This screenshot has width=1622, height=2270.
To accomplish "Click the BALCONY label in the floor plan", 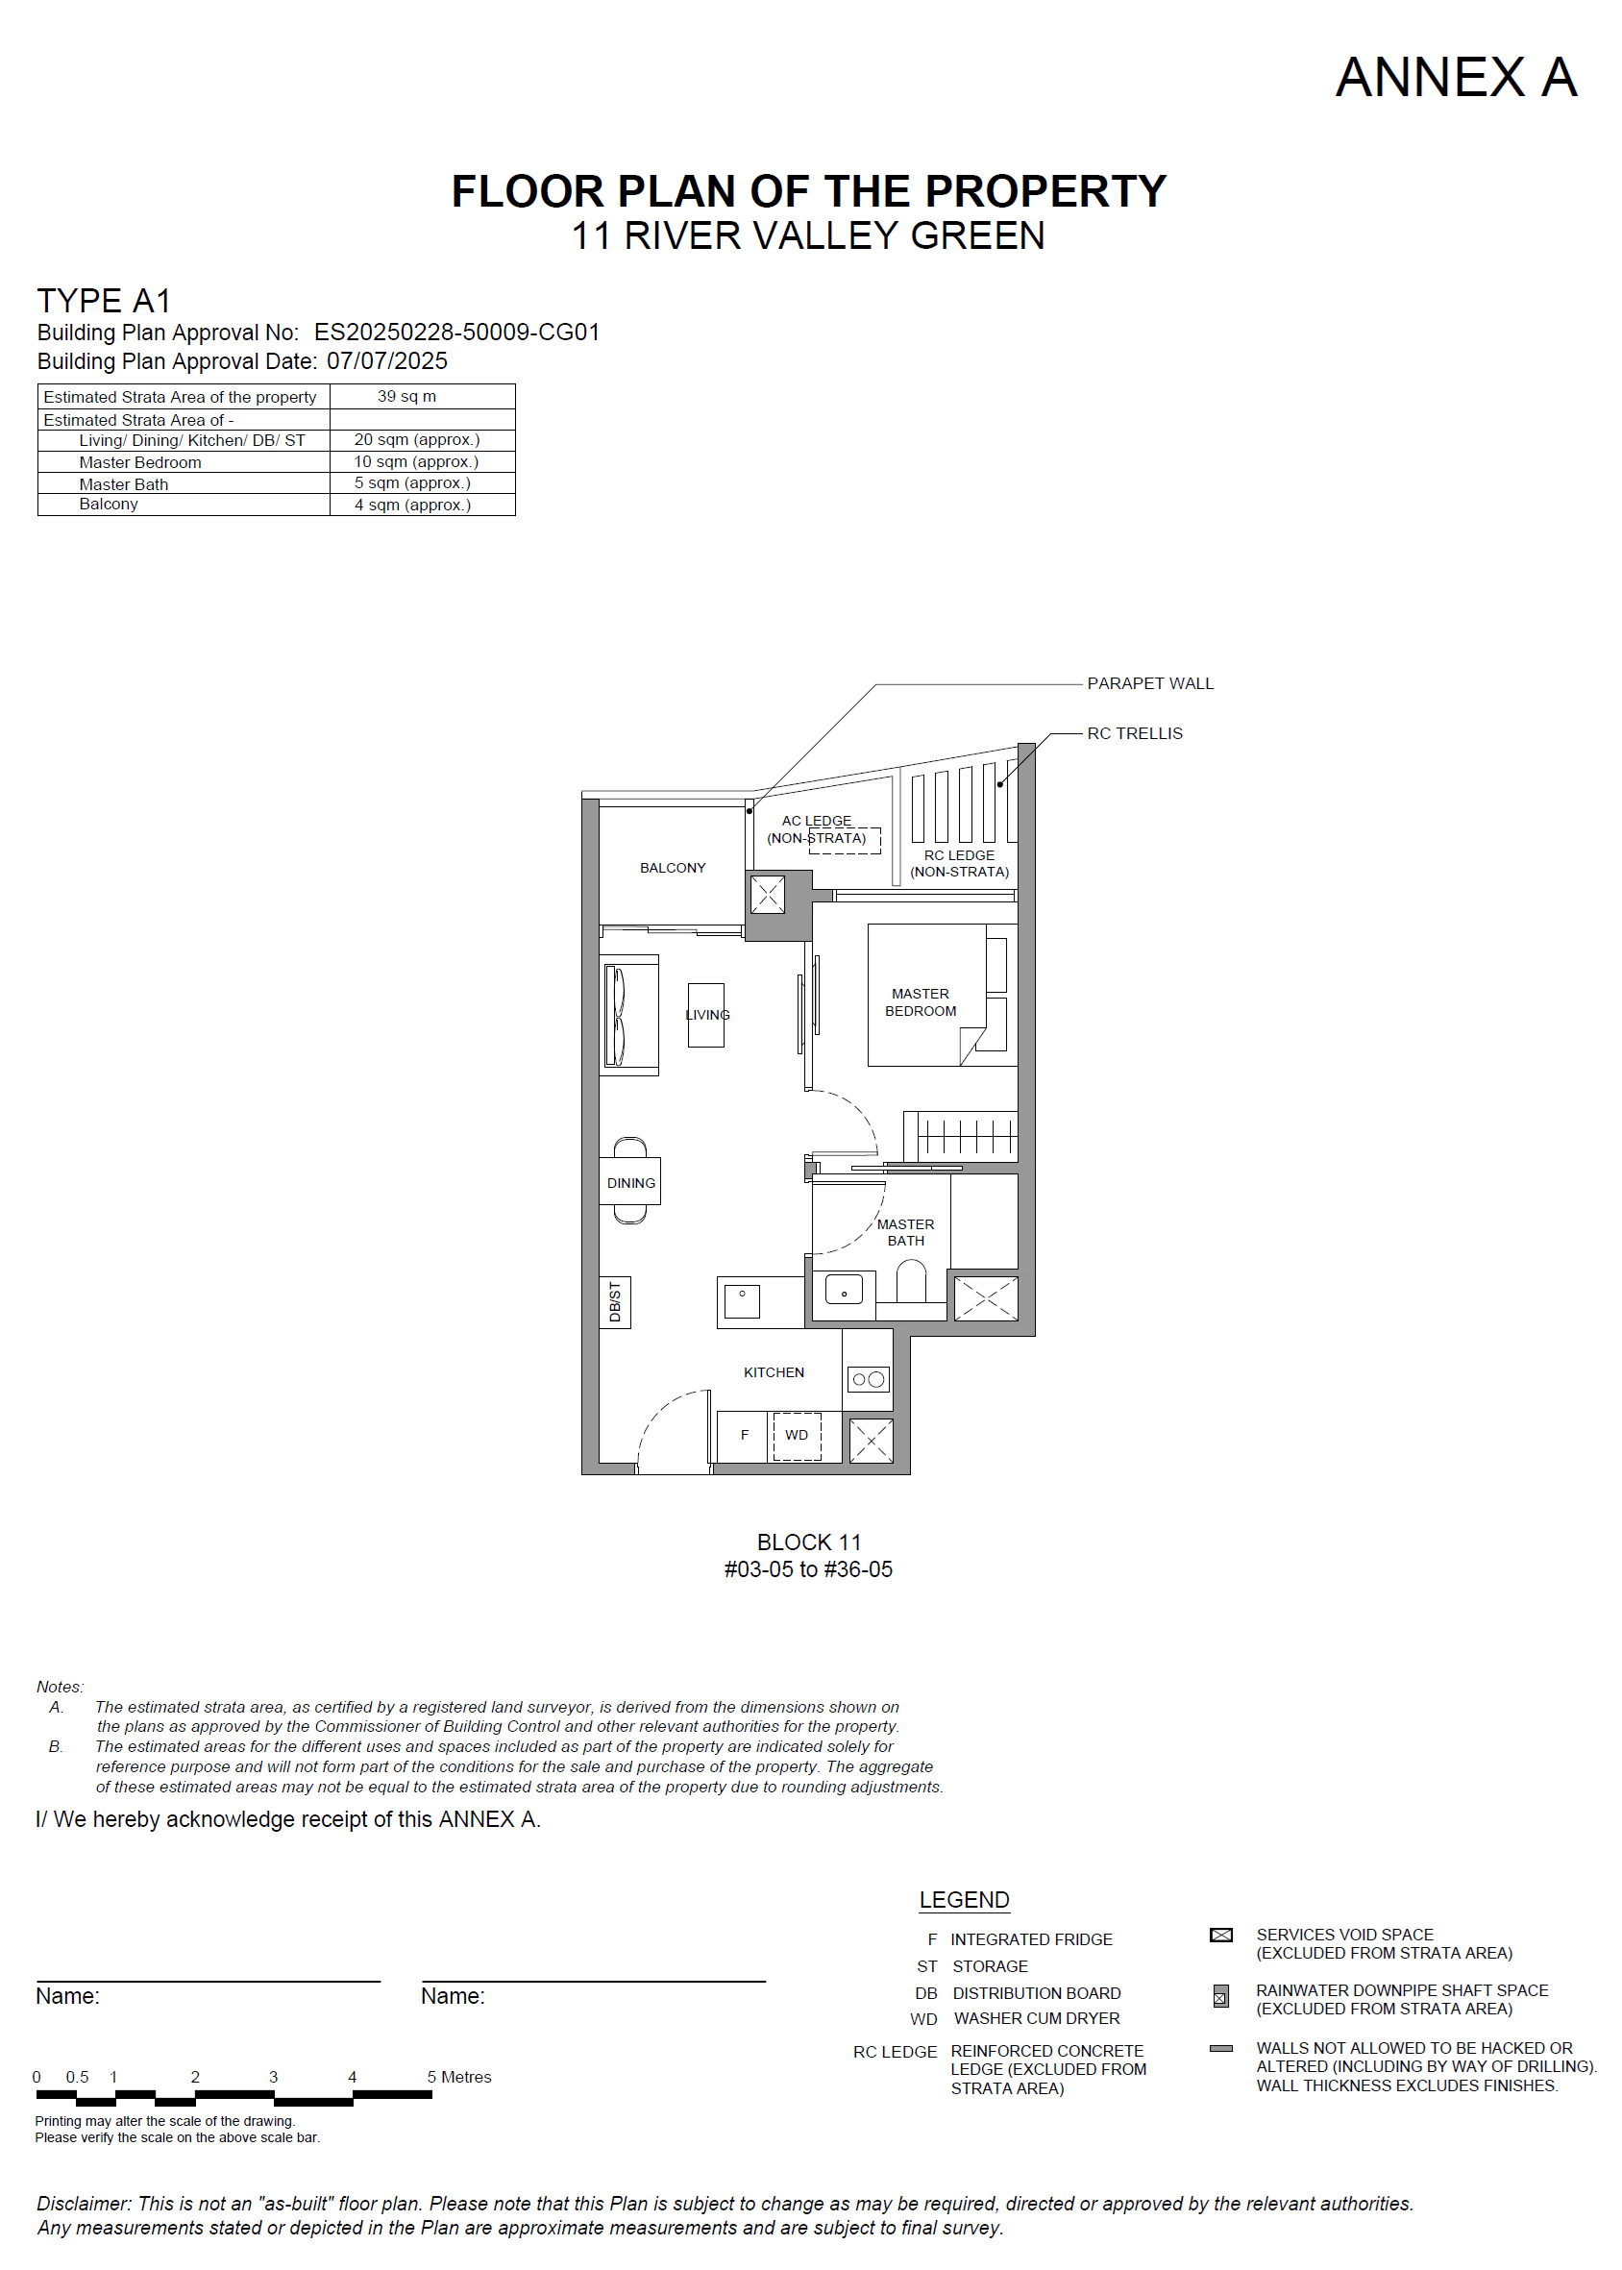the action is pos(673,868).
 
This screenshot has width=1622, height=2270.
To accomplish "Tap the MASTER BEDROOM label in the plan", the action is pos(920,1002).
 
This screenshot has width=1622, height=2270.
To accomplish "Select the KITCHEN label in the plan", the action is pos(774,1372).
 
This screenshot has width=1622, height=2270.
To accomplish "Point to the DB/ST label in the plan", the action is pos(614,1301).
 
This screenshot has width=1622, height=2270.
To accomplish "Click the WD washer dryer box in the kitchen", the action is pos(797,1436).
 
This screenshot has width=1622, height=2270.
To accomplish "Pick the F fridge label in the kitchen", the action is pos(744,1435).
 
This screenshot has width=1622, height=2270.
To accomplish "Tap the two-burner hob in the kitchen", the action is pos(868,1379).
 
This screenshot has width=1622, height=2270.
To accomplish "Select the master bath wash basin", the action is pos(844,1290).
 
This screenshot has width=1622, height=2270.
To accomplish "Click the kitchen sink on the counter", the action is pos(742,1301).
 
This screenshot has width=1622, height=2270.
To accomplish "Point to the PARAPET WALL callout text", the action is pos(1149,683).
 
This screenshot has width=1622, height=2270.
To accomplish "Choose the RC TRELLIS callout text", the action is pos(1135,733).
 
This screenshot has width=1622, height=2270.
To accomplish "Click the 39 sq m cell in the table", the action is pos(406,397).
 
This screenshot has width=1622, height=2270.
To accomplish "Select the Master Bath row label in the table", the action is pos(124,484).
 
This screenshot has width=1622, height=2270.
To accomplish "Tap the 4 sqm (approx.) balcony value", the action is pos(412,505).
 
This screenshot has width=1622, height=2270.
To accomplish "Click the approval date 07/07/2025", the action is pos(387,360).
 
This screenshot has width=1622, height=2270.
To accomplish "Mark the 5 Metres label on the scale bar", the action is pos(459,2077).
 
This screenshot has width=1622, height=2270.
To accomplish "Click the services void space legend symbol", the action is pos(1220,1936).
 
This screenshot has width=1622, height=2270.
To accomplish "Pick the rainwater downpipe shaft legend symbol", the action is pos(1220,1997).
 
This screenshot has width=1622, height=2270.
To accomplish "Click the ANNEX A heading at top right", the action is pos(1456,77).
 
